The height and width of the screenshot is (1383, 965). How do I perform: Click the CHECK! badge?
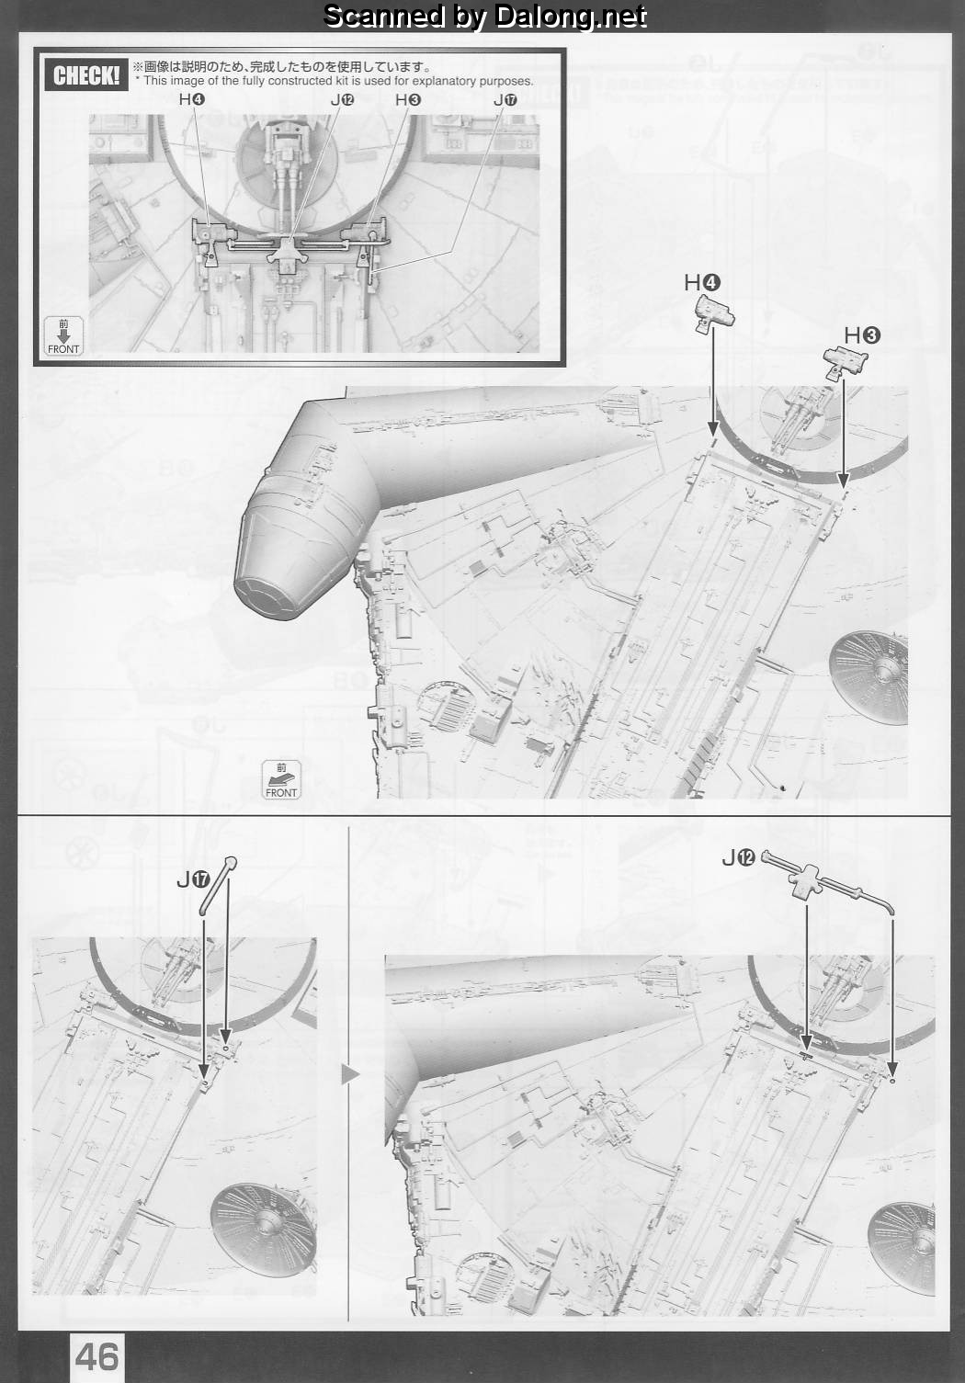click(85, 76)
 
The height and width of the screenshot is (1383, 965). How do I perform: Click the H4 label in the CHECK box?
click(192, 99)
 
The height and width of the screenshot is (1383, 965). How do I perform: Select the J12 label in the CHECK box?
click(342, 99)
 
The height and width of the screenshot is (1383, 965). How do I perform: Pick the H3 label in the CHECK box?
click(408, 99)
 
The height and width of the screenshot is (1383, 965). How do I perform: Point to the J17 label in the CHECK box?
click(505, 99)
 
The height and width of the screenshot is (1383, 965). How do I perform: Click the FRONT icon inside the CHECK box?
click(63, 336)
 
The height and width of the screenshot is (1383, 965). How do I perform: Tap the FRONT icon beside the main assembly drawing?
click(281, 780)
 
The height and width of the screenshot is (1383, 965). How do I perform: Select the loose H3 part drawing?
click(846, 363)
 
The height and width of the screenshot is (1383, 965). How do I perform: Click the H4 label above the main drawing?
click(702, 283)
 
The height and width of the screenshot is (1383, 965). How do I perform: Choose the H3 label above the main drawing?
click(862, 336)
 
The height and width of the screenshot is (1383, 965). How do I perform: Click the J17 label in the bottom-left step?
click(193, 879)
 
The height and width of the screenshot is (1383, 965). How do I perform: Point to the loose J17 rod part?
click(218, 885)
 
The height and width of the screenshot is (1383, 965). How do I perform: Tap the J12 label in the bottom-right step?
click(738, 857)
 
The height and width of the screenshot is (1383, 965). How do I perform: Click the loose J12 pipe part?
click(827, 883)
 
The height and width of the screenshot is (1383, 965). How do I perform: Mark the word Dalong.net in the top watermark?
click(571, 17)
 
